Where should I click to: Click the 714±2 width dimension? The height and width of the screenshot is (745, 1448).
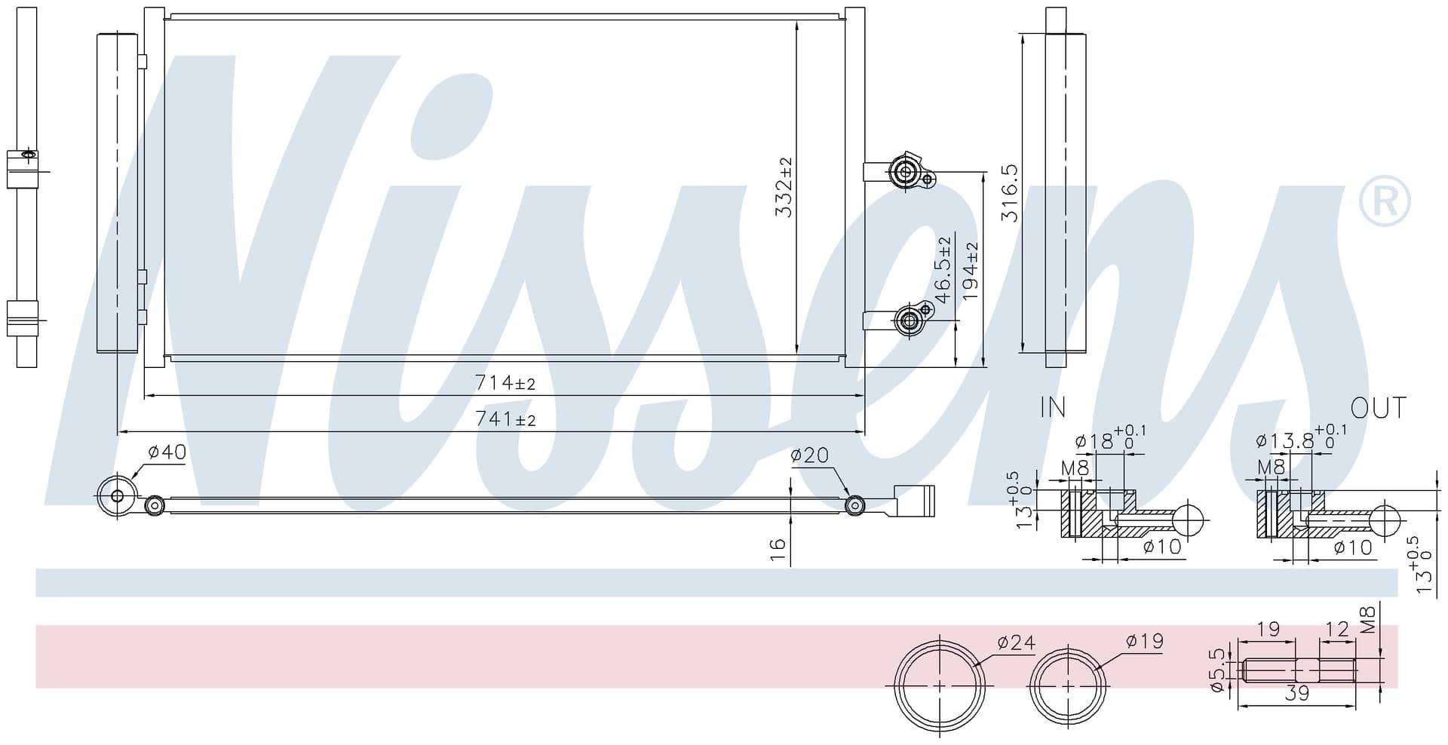505,383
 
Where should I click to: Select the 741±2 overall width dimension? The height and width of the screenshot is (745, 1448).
505,418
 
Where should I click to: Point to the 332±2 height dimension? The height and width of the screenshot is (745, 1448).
784,187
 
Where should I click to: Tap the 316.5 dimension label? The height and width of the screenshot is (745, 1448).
1009,193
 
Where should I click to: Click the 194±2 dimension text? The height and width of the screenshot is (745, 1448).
969,271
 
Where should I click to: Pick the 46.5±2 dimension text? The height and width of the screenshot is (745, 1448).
943,270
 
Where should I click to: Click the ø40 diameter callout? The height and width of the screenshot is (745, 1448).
167,452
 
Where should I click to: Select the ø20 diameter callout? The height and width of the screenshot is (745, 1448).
809,455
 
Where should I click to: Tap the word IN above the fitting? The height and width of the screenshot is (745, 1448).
1053,407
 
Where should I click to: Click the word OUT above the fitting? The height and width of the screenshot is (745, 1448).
1379,408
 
